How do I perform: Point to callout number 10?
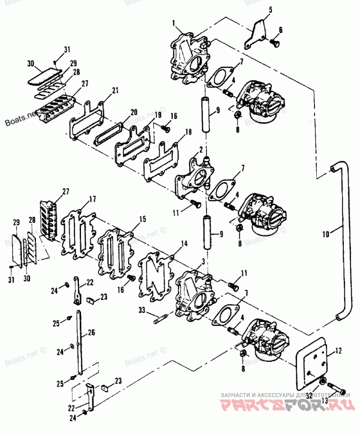pos(326,233)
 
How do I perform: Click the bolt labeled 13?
pos(335,386)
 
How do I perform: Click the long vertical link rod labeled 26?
pos(79,342)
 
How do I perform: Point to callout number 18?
pos(188,132)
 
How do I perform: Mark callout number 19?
pos(158,115)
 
